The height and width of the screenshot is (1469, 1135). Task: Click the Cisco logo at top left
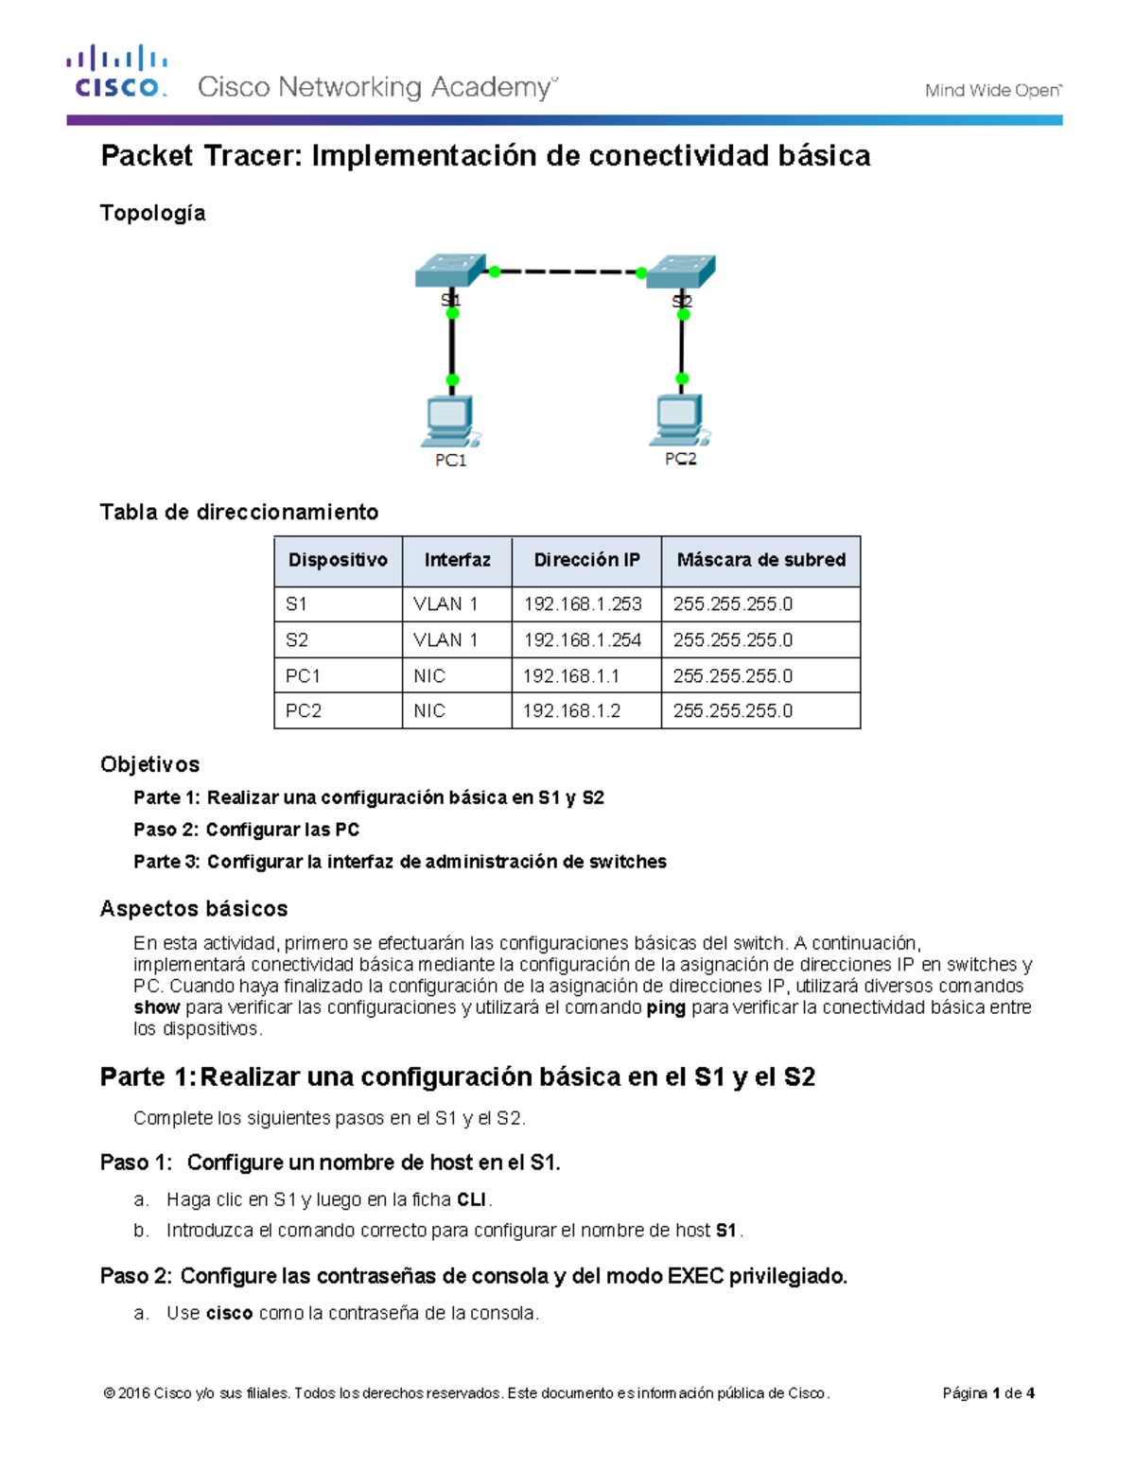116,72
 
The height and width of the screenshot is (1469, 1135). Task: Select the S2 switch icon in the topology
681,271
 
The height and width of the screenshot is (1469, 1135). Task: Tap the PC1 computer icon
450,422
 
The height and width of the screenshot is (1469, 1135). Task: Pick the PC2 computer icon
679,420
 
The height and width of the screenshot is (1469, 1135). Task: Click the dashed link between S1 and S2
567,272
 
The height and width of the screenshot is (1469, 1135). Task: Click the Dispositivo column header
338,560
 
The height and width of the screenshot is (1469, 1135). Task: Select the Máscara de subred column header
760,560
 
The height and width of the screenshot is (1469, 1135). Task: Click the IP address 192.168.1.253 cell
583,604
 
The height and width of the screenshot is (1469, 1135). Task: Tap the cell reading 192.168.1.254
583,640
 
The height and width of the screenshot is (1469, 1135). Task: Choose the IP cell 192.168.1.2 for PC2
571,711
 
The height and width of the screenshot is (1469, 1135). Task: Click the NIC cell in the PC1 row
429,676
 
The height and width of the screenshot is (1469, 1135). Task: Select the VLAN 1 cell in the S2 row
445,640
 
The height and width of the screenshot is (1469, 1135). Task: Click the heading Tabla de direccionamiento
239,512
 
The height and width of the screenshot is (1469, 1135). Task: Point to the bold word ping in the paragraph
666,1007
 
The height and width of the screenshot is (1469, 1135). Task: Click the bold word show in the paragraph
156,1007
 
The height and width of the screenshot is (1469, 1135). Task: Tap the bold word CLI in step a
471,1199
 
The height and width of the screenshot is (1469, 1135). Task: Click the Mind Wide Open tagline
992,91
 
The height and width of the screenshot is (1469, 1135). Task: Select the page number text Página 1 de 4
988,1392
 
